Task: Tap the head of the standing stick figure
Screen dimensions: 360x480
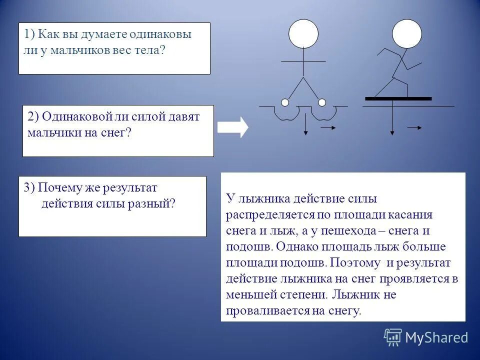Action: (303, 33)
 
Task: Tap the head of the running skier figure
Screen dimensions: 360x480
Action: (406, 33)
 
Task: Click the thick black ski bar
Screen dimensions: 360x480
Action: (398, 98)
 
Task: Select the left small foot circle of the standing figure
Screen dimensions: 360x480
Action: (285, 102)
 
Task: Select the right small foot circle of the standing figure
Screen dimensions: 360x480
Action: (322, 102)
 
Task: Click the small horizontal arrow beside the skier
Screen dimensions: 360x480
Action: (414, 128)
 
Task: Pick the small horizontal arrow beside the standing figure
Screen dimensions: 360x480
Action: (328, 128)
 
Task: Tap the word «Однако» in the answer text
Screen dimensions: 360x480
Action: (295, 247)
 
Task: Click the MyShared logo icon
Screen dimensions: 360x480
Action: (393, 337)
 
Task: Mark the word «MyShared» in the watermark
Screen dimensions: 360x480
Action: (436, 338)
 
